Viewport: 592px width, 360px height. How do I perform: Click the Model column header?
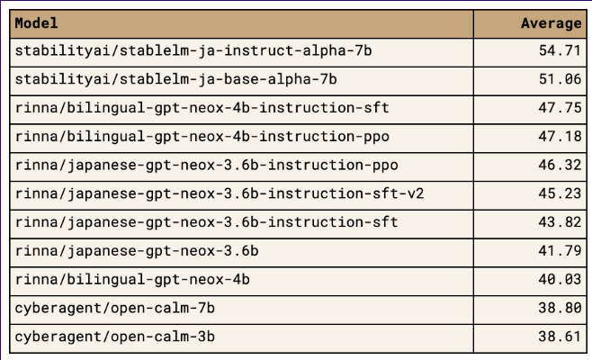(36, 23)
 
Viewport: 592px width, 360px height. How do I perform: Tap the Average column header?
(552, 23)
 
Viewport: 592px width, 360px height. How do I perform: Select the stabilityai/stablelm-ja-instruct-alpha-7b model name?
(193, 50)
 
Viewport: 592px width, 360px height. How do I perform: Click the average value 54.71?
(560, 50)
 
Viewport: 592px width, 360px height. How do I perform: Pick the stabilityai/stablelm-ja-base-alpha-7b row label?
(176, 79)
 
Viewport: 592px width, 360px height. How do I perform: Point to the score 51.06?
(560, 79)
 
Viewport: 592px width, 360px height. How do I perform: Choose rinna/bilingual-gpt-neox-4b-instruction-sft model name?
(202, 108)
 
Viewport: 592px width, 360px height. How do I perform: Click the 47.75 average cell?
(560, 108)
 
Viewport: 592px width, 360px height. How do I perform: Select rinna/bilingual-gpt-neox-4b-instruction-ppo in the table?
(202, 137)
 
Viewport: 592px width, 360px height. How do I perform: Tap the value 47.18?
(560, 137)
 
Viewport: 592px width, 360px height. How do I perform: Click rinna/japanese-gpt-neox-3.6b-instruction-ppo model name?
(207, 166)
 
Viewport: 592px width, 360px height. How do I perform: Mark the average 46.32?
(560, 165)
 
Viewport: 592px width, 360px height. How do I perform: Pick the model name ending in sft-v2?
(220, 193)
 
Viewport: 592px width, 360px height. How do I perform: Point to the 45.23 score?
(560, 193)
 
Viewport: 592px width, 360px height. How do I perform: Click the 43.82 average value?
(560, 222)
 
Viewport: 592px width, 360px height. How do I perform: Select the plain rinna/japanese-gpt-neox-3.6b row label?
(137, 251)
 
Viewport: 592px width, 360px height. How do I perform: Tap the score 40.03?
(560, 280)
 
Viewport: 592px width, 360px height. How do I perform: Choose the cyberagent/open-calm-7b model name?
(115, 308)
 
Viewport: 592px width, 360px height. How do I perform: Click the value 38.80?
(560, 308)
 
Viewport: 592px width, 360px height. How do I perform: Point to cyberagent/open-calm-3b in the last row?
(115, 337)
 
